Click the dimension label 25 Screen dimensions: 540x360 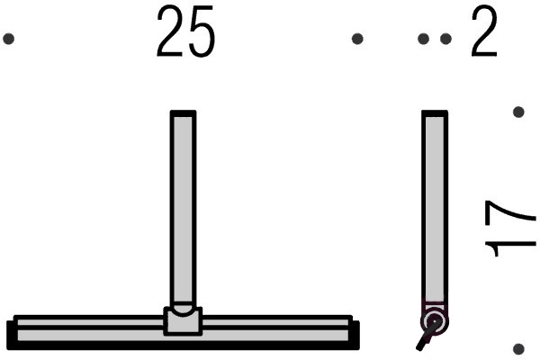(x=185, y=31)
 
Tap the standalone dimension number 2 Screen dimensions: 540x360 (x=484, y=31)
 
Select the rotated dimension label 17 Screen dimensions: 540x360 (x=510, y=229)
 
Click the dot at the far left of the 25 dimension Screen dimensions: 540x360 (x=9, y=39)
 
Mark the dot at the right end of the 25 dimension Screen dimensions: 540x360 (x=357, y=39)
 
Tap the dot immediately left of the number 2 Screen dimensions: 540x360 (x=445, y=39)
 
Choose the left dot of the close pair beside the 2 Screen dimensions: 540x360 (x=423, y=39)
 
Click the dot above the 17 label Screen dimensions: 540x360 (x=518, y=112)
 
